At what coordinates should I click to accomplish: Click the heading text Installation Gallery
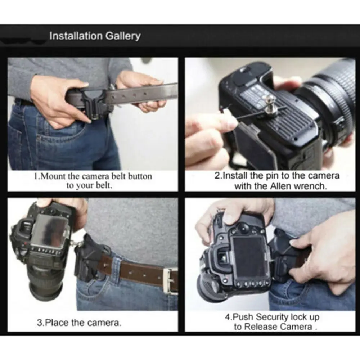(x=95, y=36)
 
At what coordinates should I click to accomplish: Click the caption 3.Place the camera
(x=79, y=322)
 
